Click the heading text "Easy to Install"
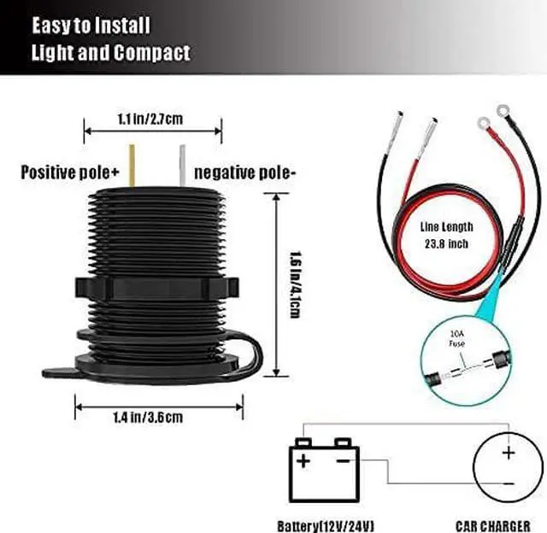point(91,26)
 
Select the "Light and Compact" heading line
point(111,53)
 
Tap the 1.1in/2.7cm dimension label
point(150,120)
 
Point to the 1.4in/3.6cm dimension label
point(148,418)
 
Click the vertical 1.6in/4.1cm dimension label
point(295,284)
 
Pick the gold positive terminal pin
point(132,166)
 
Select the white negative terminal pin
point(182,167)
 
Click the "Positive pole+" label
point(70,173)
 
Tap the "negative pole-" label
point(245,173)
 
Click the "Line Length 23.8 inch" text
point(446,235)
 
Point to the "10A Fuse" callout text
point(456,339)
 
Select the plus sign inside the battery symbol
point(303,461)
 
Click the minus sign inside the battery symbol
point(343,461)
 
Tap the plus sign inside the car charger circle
point(509,453)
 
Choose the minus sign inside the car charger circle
point(509,483)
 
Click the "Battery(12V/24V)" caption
point(326,526)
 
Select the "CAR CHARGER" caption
point(493,526)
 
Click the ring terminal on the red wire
point(484,123)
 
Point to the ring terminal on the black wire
point(503,111)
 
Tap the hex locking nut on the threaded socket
point(157,288)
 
